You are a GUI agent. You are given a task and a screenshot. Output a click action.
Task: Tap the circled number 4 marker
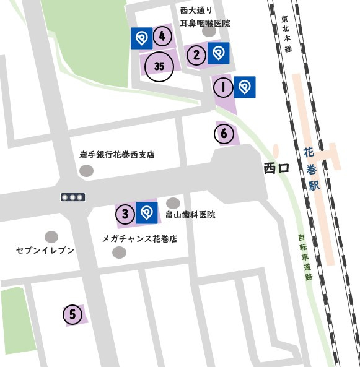pos(162,37)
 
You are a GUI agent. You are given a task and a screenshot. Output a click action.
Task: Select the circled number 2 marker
pos(196,55)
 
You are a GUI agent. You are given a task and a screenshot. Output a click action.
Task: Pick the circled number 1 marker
pos(222,87)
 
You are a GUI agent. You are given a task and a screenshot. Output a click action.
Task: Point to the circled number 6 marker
pos(224,133)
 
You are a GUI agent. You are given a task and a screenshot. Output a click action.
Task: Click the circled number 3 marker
pos(125,215)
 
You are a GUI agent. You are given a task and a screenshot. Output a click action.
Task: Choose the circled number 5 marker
pos(72,314)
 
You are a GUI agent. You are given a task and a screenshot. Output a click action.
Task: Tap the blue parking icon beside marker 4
pos(141,38)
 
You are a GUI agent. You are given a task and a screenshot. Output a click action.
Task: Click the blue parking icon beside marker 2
pos(218,53)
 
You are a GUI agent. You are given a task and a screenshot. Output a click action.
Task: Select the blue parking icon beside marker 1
pos(245,87)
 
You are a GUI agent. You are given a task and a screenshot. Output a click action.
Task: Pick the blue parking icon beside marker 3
pos(147,214)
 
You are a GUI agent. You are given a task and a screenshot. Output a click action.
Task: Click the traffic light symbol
pos(72,197)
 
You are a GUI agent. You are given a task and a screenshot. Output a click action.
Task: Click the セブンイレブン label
pos(45,250)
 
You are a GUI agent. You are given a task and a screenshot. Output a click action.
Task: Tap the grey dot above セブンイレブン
pos(51,236)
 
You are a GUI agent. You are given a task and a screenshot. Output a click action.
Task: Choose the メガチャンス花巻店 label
pos(139,238)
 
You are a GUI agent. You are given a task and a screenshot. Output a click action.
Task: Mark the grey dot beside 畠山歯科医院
pos(173,203)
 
